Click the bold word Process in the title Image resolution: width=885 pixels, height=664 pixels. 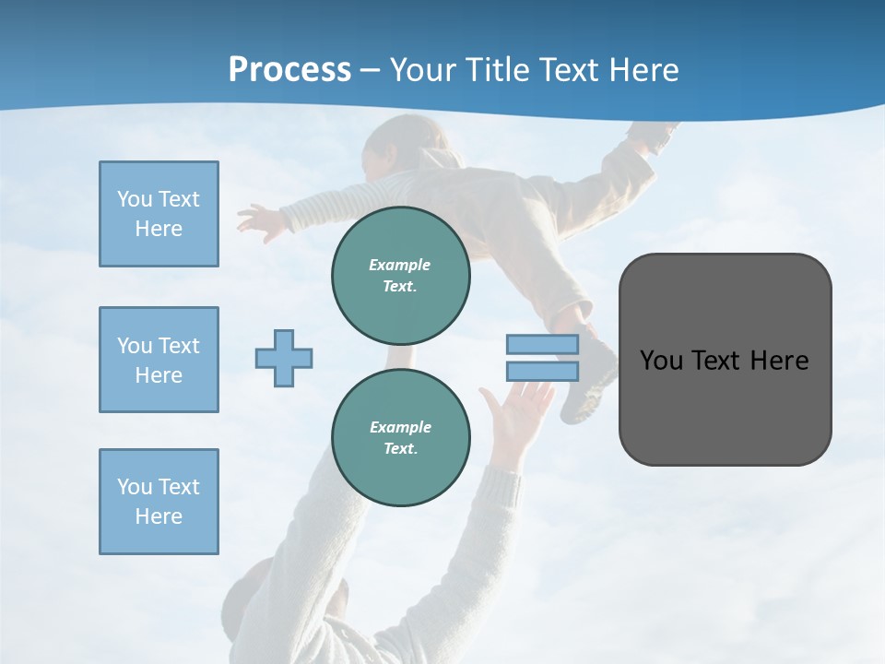pyautogui.click(x=289, y=69)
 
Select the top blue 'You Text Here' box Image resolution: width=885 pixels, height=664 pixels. pyautogui.click(x=159, y=214)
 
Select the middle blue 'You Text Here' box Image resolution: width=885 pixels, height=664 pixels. pyautogui.click(x=159, y=360)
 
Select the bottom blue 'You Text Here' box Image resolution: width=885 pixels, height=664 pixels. pyautogui.click(x=159, y=502)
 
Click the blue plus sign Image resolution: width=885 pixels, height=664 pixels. pyautogui.click(x=284, y=358)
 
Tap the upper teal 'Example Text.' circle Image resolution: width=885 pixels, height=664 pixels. pyautogui.click(x=400, y=276)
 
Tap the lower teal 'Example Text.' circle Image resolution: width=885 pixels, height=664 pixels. pyautogui.click(x=400, y=438)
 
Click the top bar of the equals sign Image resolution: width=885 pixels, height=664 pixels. pyautogui.click(x=542, y=344)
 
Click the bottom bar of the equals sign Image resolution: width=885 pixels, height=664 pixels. pyautogui.click(x=542, y=371)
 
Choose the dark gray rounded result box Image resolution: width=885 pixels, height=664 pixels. pyautogui.click(x=725, y=360)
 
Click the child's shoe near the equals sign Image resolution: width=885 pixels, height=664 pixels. pyautogui.click(x=590, y=383)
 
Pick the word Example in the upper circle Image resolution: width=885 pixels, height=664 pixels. pyautogui.click(x=400, y=265)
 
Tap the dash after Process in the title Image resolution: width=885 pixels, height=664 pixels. pyautogui.click(x=370, y=70)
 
